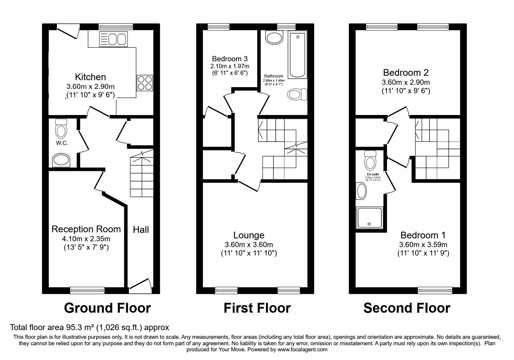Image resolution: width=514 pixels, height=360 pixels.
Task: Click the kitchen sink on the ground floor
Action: [113, 39]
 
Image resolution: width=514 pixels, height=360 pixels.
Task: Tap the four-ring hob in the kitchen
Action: [145, 83]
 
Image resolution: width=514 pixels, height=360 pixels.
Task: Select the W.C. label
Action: [62, 143]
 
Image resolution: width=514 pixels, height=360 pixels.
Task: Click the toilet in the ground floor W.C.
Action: [61, 128]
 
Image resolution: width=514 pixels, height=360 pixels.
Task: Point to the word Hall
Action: [141, 230]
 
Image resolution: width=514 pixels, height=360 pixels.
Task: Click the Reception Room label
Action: [86, 229]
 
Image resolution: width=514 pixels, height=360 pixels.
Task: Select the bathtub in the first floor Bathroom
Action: [297, 55]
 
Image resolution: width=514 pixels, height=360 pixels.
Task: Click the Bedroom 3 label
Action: [230, 58]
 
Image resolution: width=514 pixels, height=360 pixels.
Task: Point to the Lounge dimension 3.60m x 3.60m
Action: [249, 245]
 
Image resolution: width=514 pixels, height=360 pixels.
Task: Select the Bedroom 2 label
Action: [406, 72]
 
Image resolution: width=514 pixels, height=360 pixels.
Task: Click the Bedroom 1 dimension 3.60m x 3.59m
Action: [423, 244]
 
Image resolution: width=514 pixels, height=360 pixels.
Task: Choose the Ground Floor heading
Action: [107, 308]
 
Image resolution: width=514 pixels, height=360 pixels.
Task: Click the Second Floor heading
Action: [407, 308]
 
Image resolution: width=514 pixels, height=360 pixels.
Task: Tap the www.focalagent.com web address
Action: [303, 350]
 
